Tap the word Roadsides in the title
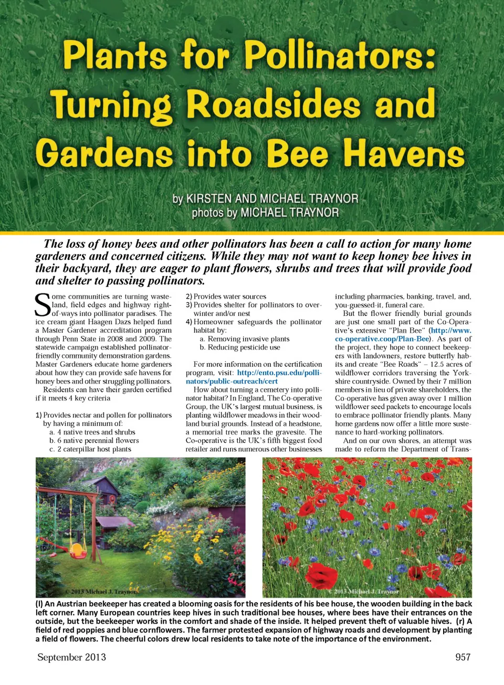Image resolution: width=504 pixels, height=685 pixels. [274, 104]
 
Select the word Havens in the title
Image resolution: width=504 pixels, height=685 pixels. [404, 154]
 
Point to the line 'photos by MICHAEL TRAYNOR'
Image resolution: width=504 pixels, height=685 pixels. [265, 213]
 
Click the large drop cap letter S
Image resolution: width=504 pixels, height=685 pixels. [43, 305]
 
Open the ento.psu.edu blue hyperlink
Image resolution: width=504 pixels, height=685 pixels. [253, 377]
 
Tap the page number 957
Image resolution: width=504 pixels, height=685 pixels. [463, 657]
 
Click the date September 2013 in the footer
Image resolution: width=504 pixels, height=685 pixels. [71, 657]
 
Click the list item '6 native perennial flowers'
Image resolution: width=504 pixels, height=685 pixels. [94, 440]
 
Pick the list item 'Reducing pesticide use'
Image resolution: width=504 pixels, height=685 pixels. [244, 347]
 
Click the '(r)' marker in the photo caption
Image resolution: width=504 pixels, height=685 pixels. [461, 621]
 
